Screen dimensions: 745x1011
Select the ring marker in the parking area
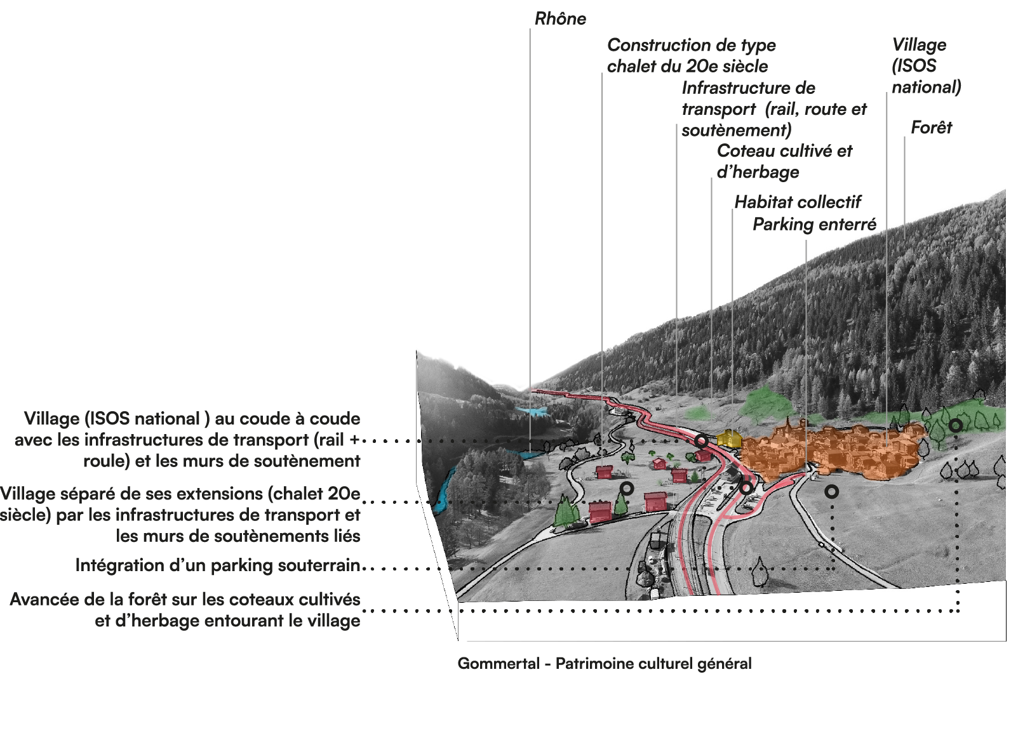point(746,488)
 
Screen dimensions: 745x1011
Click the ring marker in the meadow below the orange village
point(831,491)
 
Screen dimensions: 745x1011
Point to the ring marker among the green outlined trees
point(955,425)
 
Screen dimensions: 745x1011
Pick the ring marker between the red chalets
point(627,489)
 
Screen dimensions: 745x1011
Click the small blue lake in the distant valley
point(532,411)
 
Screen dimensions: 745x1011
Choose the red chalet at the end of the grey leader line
point(604,471)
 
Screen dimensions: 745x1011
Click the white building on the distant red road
point(616,411)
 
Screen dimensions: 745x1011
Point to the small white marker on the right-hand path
point(822,544)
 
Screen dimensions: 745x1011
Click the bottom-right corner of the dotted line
point(958,611)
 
